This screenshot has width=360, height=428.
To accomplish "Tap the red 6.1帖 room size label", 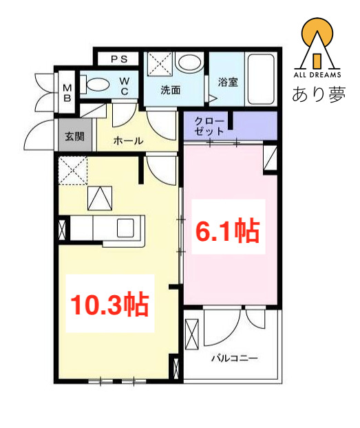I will pos(229,232).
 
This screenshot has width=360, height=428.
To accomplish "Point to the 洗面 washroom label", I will pos(170,90).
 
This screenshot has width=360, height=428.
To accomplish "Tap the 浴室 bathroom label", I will pos(227,82).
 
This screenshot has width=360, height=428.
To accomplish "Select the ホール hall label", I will pos(128,141).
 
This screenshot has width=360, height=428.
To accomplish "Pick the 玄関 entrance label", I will pos(75,136).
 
